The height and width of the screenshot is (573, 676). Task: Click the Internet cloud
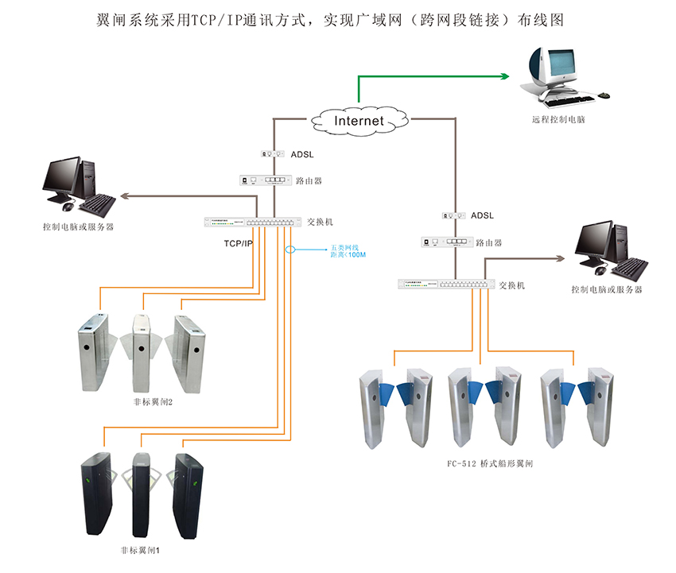359,120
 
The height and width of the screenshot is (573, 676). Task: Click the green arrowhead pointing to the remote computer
504,76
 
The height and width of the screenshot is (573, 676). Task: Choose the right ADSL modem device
453,215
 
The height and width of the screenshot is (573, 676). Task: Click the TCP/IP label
238,242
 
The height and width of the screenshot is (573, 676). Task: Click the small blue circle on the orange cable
291,250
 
